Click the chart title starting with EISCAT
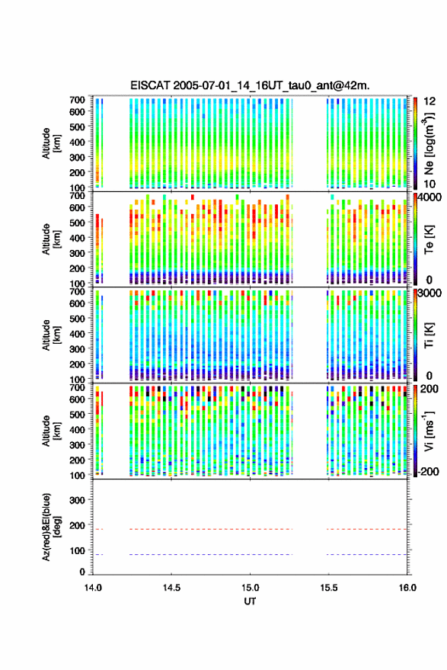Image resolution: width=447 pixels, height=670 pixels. click(x=250, y=85)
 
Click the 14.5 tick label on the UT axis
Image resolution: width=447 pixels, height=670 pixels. click(x=171, y=588)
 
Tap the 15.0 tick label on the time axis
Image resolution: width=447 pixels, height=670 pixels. click(x=250, y=588)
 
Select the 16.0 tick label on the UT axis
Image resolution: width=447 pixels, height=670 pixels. click(x=407, y=588)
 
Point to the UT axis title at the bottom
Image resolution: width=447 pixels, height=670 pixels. click(x=250, y=601)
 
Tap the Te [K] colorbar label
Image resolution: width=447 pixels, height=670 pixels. click(x=429, y=239)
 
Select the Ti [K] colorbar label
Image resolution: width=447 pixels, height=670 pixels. click(x=429, y=335)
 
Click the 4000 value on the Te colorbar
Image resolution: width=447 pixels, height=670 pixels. click(x=429, y=197)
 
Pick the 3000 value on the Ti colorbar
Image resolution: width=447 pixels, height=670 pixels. click(x=429, y=293)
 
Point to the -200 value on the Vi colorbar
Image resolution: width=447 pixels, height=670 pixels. click(x=428, y=471)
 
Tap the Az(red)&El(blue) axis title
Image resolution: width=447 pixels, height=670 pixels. click(x=51, y=527)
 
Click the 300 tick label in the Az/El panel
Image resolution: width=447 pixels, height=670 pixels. click(x=77, y=500)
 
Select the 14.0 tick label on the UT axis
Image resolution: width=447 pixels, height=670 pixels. click(x=93, y=588)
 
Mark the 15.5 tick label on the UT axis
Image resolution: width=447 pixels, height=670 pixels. click(x=329, y=588)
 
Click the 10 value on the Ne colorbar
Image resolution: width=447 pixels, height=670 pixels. click(x=429, y=184)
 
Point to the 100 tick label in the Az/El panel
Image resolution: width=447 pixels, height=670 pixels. click(x=77, y=551)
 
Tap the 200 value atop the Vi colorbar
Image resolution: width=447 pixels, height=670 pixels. click(x=429, y=389)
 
